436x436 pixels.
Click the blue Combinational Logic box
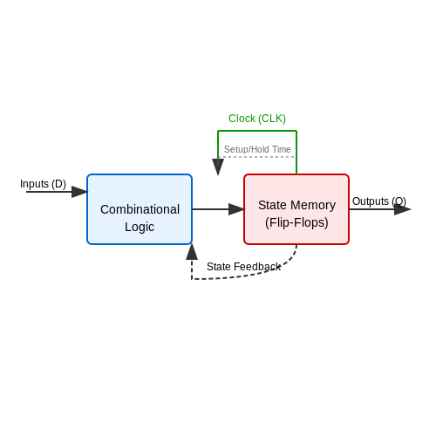140,209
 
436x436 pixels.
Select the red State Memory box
296,209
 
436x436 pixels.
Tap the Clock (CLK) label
257,119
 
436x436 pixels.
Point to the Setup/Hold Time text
257,149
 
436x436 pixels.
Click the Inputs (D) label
43,184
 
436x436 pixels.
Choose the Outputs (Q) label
379,201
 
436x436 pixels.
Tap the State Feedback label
243,267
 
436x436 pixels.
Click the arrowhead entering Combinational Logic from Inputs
79,192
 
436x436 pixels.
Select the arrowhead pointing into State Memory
236,209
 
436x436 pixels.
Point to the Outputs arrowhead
402,209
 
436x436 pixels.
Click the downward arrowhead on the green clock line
218,167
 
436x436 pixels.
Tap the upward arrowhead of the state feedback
192,252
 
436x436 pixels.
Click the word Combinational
140,209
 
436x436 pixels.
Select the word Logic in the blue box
140,227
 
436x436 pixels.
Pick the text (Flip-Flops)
296,222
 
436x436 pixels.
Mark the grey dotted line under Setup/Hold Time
257,157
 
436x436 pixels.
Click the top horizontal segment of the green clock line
257,131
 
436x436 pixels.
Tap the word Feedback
257,267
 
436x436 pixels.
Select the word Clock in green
242,119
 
